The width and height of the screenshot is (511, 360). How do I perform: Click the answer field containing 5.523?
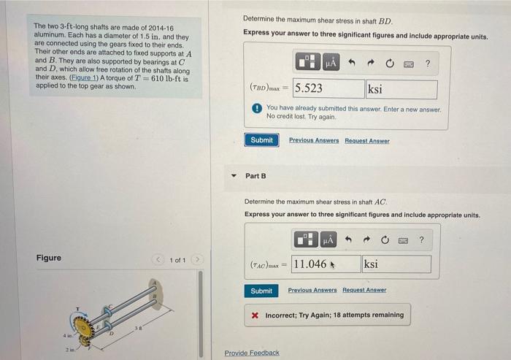coord(328,89)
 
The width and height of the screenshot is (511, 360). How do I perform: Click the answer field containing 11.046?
coord(325,264)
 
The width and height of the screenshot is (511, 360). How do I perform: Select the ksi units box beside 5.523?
coord(401,89)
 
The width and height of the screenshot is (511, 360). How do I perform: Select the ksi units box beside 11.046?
coord(396,264)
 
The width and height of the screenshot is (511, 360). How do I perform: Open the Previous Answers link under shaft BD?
coord(314,141)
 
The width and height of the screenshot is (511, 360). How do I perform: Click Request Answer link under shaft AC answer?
coord(366,291)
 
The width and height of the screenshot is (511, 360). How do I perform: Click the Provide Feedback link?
coord(252,353)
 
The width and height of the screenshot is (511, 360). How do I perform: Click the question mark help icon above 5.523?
coord(428,64)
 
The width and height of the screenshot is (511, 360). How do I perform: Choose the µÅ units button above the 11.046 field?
coord(328,240)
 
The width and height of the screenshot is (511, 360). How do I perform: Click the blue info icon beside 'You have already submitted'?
coord(257,109)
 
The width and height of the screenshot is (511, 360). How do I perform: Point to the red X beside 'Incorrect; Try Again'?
coord(254,315)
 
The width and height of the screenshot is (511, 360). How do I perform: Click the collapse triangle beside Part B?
coord(234,176)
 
